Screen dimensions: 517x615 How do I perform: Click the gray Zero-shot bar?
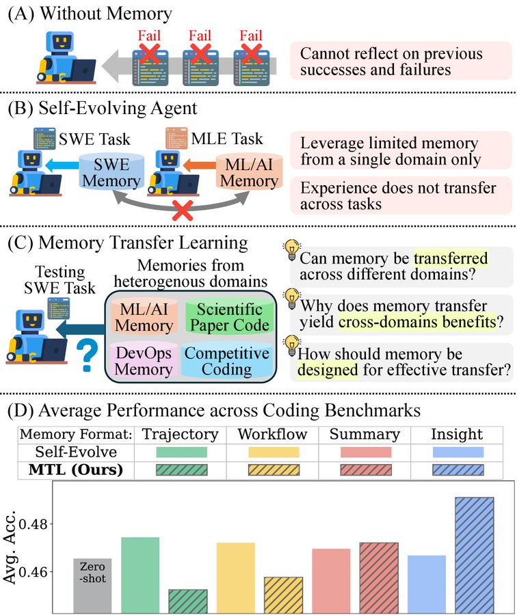click(92, 586)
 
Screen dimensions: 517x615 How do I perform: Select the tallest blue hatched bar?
click(474, 555)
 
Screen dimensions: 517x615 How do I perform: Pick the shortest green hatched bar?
click(188, 601)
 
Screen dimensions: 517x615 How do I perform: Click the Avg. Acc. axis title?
click(9, 547)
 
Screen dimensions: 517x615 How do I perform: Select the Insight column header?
click(457, 434)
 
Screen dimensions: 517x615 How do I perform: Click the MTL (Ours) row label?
click(76, 469)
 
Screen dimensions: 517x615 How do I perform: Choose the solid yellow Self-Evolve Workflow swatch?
click(274, 452)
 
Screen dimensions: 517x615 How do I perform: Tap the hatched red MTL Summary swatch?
click(366, 470)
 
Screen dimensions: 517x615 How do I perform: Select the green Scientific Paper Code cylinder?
click(230, 317)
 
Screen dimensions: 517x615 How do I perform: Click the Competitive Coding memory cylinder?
click(227, 361)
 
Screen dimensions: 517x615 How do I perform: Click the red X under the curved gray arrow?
click(182, 210)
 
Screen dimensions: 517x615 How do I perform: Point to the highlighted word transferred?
click(451, 258)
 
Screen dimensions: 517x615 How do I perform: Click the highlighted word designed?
click(328, 370)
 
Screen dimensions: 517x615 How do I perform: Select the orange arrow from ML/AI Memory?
click(200, 165)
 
